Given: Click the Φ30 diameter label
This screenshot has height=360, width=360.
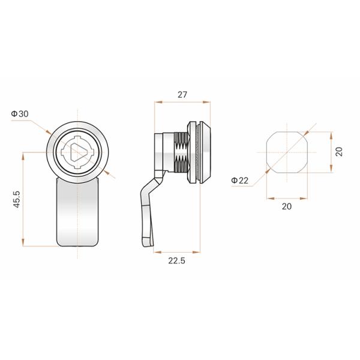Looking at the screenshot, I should (x=20, y=114).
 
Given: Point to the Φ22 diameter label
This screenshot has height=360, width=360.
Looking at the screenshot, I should (x=239, y=180).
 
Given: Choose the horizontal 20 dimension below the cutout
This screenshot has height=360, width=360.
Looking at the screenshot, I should (x=286, y=206).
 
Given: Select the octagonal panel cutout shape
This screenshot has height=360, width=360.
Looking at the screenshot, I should (x=286, y=151).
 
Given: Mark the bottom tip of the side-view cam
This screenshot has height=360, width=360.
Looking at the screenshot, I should (x=145, y=245).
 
